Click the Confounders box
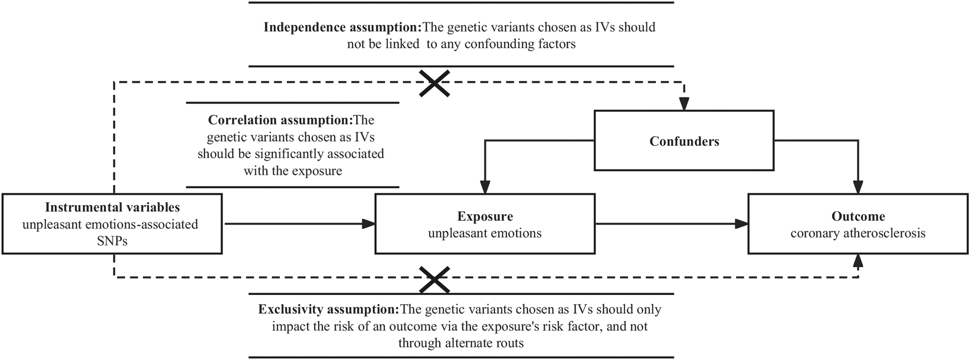[x=684, y=141]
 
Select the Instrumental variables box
[x=112, y=223]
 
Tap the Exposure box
[x=484, y=223]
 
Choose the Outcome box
[x=858, y=223]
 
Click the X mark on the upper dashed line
[x=435, y=83]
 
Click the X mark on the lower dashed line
[x=435, y=280]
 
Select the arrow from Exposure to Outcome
[x=670, y=223]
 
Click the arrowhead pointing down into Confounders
[x=684, y=105]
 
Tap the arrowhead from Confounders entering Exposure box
[x=485, y=188]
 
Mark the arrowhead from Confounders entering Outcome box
[x=858, y=188]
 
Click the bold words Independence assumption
[x=343, y=27]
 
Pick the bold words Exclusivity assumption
[x=329, y=309]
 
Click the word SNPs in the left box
[x=112, y=241]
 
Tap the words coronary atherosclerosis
[x=858, y=233]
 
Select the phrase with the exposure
[x=293, y=171]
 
